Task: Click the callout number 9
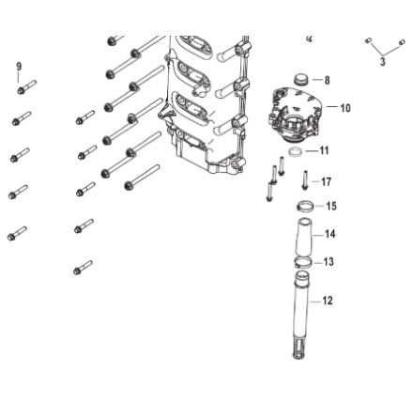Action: (x=19, y=67)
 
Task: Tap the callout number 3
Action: (x=383, y=61)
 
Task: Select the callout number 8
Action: (x=327, y=80)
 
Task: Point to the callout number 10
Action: (x=345, y=108)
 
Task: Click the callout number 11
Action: (x=324, y=150)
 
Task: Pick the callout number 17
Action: (x=326, y=181)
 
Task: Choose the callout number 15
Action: (x=331, y=206)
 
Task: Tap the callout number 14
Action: (x=330, y=234)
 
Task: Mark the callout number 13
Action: (x=329, y=261)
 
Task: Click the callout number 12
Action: (x=328, y=301)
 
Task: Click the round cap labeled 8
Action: (x=301, y=79)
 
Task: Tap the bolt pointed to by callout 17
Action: (x=305, y=179)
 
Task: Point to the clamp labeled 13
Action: (x=303, y=262)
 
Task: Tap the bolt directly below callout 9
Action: (x=26, y=86)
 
